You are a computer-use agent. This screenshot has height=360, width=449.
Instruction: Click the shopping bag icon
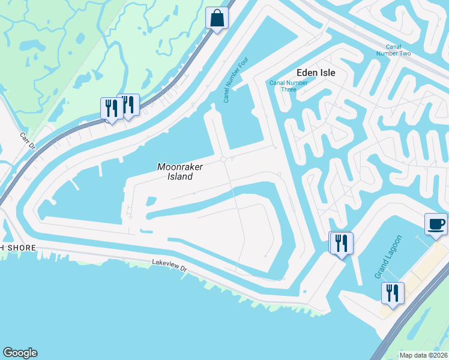217,18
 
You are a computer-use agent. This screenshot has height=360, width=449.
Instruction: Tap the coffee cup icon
436,224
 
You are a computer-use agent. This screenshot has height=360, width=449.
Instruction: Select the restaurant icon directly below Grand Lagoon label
393,293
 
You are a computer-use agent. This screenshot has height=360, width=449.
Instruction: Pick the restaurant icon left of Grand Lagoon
342,244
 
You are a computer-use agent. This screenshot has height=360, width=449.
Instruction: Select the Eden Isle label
318,73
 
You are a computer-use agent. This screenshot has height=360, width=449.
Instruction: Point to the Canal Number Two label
397,50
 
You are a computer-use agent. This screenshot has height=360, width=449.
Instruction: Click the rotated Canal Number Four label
237,79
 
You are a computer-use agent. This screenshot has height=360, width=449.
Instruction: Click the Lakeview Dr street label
170,265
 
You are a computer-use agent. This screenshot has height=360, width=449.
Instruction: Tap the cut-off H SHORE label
18,248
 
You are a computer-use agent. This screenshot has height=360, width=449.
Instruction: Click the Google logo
20,353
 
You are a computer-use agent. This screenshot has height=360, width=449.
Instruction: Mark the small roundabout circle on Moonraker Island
223,159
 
